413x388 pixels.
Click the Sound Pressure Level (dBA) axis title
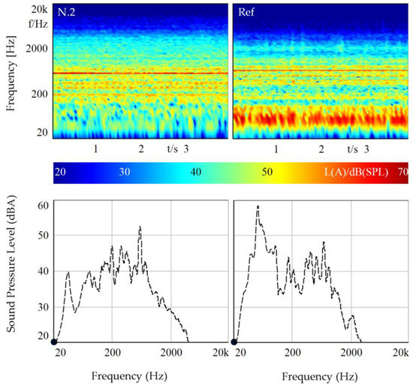click(x=11, y=272)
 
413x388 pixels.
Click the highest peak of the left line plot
click(x=140, y=227)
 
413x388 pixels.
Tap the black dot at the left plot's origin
click(x=54, y=342)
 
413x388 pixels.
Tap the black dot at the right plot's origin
click(x=234, y=342)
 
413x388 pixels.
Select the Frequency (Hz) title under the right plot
click(x=321, y=375)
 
